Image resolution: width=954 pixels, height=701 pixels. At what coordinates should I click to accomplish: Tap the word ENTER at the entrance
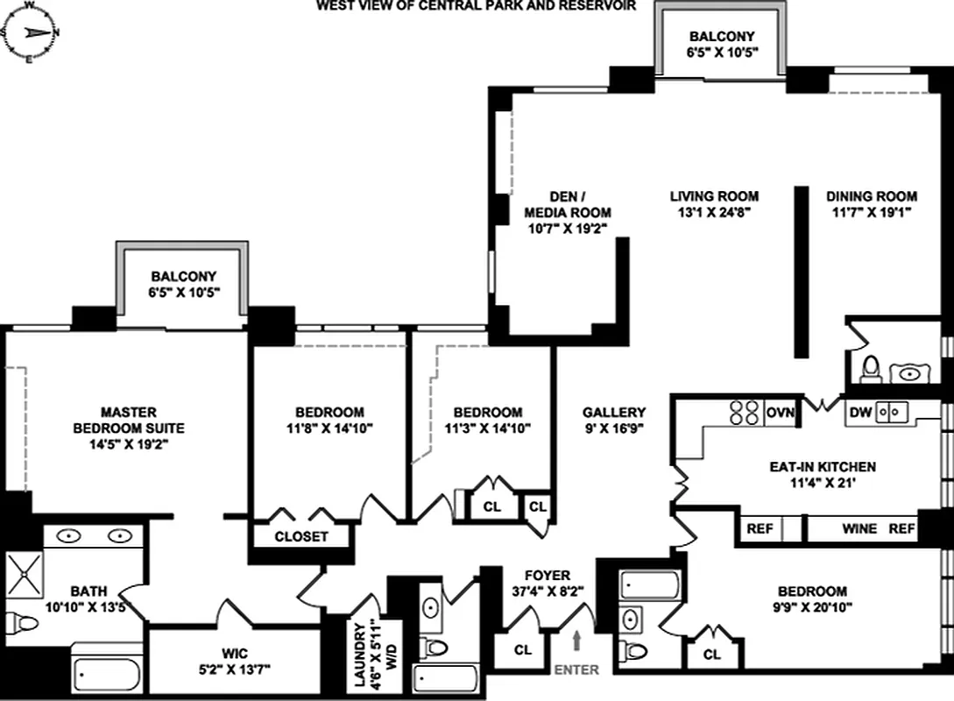[x=576, y=670]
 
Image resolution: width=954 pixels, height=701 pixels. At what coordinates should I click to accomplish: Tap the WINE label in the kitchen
[x=860, y=529]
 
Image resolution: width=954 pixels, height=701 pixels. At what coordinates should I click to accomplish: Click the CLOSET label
[x=301, y=536]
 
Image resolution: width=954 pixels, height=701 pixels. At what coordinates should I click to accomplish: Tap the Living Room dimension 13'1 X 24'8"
[x=714, y=212]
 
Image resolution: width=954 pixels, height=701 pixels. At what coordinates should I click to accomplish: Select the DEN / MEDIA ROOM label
[x=567, y=205]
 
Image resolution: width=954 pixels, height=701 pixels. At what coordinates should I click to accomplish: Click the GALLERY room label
[x=613, y=413]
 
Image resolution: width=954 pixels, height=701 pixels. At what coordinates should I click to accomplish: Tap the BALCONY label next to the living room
[x=721, y=37]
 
